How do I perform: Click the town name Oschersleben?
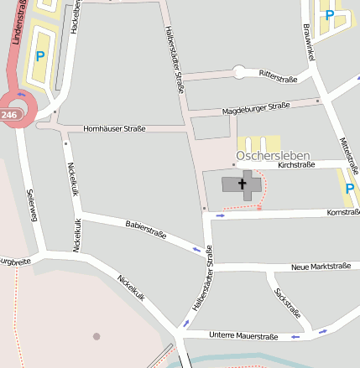[x=273, y=155]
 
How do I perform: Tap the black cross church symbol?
[x=244, y=184]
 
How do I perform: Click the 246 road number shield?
[x=9, y=114]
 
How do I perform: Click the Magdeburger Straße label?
[x=256, y=109]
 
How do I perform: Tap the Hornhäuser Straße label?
[x=114, y=128]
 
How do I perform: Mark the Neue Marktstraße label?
[x=320, y=267]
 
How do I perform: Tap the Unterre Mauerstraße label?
[x=244, y=336]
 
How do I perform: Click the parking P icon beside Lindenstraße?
[x=39, y=56]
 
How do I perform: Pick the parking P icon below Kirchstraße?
[x=349, y=189]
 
